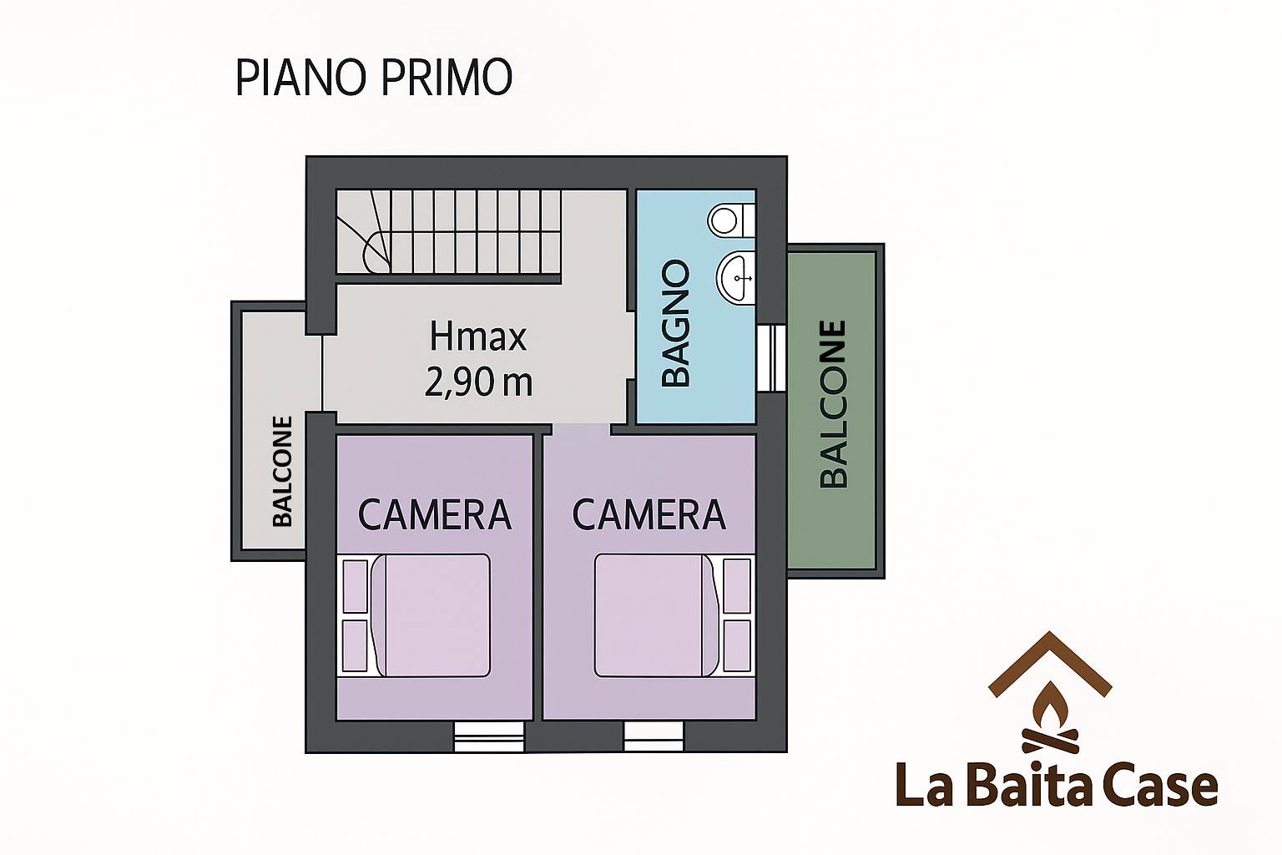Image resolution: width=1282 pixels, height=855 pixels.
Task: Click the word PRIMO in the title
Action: click(447, 78)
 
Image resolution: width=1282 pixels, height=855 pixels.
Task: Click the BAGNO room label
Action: click(676, 324)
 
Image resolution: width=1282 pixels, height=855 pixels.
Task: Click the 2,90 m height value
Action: click(478, 382)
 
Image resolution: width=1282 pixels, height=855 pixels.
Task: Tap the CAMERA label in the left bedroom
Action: click(434, 515)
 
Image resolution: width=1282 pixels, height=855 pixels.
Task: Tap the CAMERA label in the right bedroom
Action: click(649, 515)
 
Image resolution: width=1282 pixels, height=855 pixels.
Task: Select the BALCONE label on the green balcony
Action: click(833, 404)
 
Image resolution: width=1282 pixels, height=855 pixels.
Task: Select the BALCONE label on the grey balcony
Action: click(282, 471)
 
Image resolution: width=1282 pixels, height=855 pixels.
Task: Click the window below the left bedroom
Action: click(489, 736)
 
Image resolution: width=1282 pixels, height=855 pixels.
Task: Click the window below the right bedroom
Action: click(653, 736)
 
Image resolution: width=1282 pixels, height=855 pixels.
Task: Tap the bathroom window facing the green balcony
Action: click(771, 358)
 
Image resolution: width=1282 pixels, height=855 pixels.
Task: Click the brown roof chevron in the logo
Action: click(1050, 665)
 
